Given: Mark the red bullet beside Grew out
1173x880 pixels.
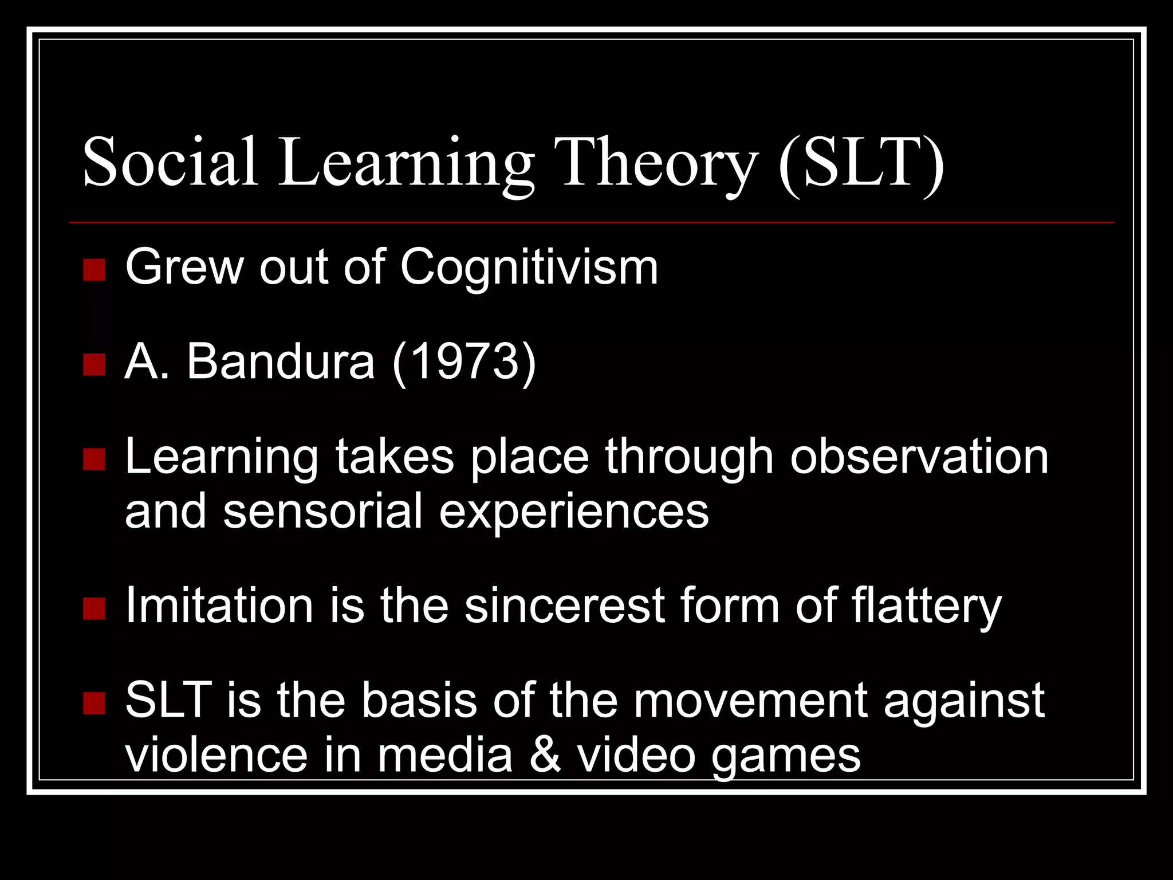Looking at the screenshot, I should coord(94,269).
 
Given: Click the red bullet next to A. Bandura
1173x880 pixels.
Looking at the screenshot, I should coord(94,364).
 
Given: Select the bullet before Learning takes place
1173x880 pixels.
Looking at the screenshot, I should coord(94,459).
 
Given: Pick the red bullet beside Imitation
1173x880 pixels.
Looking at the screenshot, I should coord(94,608).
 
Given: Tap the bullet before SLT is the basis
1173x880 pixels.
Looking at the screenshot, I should coord(94,703).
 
